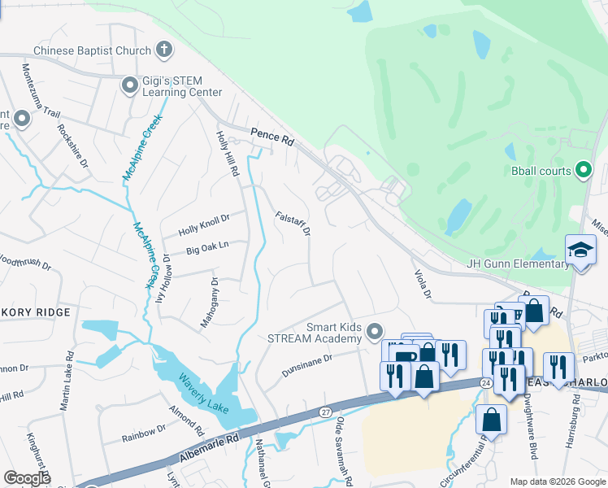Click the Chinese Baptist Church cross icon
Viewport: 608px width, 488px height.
[x=163, y=50]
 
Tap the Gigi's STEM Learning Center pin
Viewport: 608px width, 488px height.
[x=129, y=85]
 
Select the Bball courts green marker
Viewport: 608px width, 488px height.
[x=582, y=170]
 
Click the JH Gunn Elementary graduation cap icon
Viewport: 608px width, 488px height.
[x=580, y=250]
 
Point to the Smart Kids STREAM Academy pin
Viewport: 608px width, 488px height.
[x=374, y=331]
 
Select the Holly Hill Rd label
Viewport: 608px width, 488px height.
[x=227, y=155]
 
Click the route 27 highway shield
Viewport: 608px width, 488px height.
[x=325, y=412]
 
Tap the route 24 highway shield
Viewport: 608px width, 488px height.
[x=485, y=382]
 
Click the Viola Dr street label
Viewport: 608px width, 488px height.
[x=422, y=284]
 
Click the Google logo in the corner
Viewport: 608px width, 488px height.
[x=27, y=478]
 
